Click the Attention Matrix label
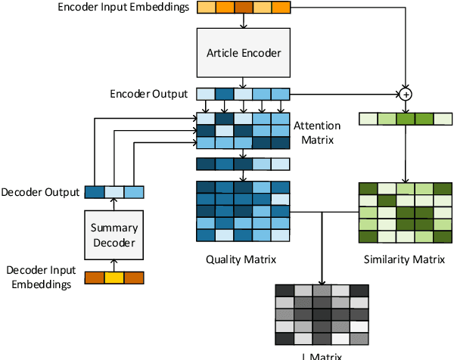pos(317,132)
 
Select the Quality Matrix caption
pos(241,259)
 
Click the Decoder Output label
pos(40,193)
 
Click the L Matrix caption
pos(321,355)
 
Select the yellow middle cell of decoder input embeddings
pos(113,277)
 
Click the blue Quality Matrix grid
pos(242,211)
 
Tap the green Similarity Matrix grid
pos(405,213)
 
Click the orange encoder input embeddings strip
pos(243,8)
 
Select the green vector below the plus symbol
pos(405,118)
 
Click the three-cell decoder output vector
pos(113,192)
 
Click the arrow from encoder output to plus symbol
pos(344,95)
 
